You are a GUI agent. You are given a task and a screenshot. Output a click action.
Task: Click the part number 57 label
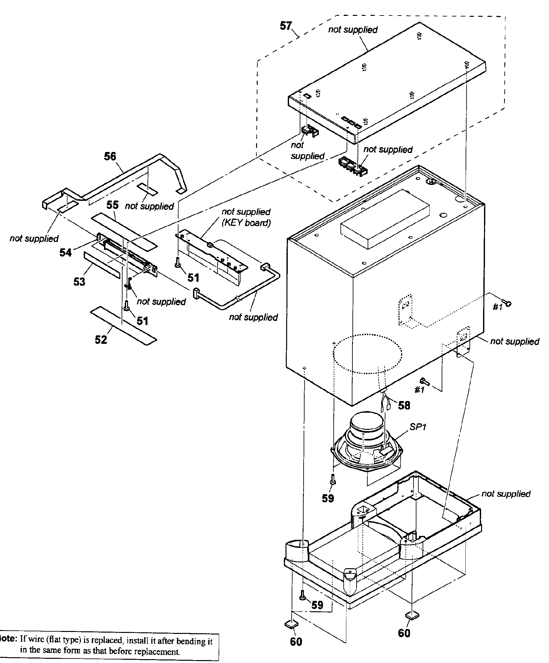[285, 26]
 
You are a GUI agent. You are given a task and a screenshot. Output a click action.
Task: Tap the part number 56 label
[110, 157]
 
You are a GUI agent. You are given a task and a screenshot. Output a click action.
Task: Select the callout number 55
[113, 205]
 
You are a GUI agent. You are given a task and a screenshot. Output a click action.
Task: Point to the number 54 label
[65, 253]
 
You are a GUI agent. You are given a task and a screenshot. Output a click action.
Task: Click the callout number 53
[79, 282]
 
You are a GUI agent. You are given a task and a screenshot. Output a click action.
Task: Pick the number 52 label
[101, 340]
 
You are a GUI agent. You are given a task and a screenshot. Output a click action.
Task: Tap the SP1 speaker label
[418, 427]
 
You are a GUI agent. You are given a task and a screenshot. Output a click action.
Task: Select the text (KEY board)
[246, 223]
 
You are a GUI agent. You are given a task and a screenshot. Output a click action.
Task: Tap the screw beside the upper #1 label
[506, 303]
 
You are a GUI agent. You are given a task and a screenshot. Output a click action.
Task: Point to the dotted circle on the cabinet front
[368, 354]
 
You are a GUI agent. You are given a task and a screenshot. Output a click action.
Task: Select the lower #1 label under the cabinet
[419, 390]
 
